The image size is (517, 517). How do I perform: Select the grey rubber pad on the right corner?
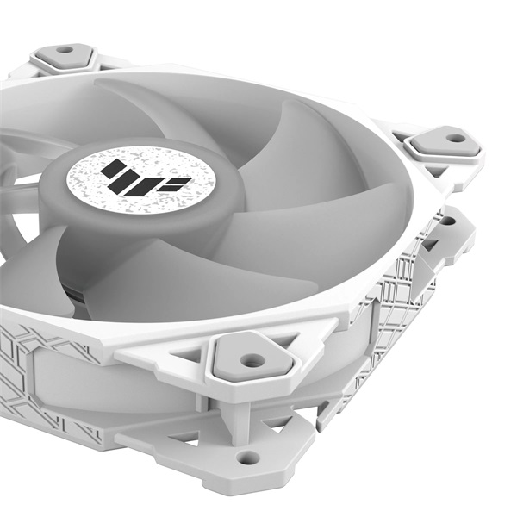(445, 143)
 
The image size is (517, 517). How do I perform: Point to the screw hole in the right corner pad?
(454, 138)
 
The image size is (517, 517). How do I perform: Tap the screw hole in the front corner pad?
(252, 360)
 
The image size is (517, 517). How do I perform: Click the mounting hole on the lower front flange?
(248, 458)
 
